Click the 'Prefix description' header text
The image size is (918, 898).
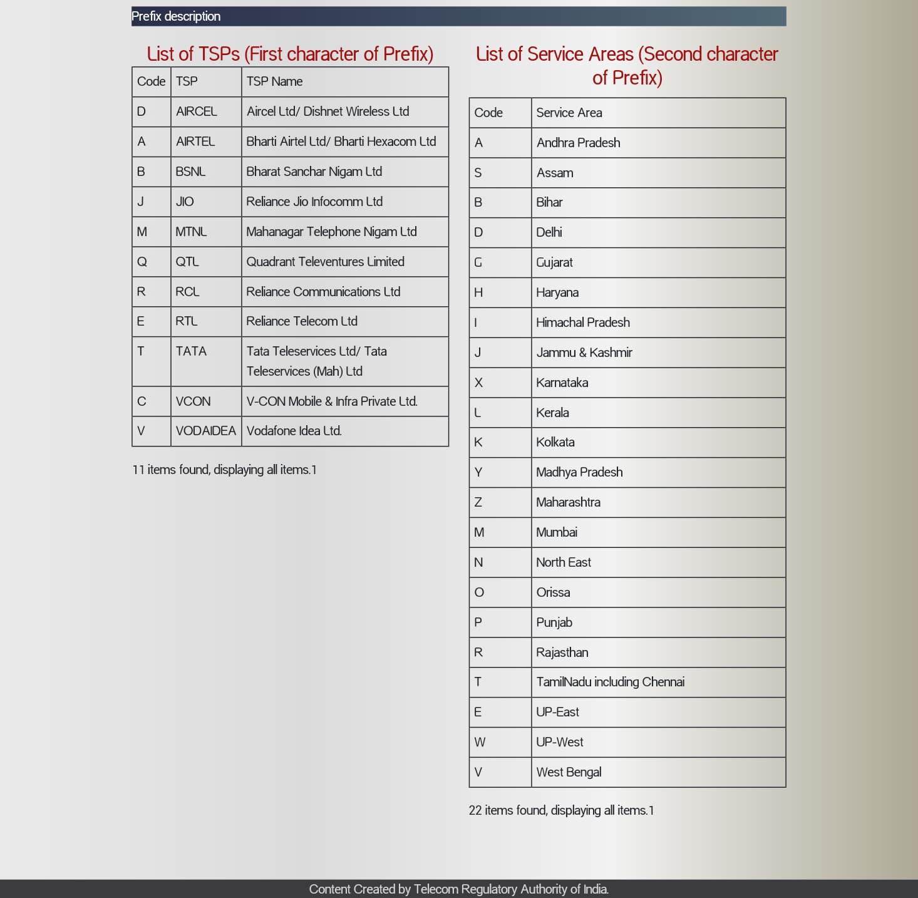coord(176,16)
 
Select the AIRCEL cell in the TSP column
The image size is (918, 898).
coord(196,111)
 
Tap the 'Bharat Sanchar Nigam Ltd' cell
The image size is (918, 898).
coord(314,172)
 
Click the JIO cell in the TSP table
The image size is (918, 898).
coord(185,202)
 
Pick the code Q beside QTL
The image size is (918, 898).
coord(142,262)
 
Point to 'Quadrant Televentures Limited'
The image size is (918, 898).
coord(325,262)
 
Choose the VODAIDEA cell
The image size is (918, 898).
coord(205,431)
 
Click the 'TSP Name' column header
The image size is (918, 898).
coord(274,81)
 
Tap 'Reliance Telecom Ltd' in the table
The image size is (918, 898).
coord(302,321)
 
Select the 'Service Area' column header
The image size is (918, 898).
coord(569,113)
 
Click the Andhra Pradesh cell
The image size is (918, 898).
coord(578,143)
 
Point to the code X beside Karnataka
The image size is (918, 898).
coord(478,383)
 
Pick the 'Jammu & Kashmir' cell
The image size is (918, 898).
coord(584,353)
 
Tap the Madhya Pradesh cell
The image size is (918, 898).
coord(579,472)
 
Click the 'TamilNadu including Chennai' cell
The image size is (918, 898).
coord(610,682)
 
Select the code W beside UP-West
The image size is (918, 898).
coord(480,742)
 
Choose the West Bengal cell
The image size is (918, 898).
coord(569,772)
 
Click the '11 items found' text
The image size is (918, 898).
coord(224,470)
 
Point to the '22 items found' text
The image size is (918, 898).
coord(561,810)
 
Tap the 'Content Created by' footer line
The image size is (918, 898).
coord(458,889)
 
